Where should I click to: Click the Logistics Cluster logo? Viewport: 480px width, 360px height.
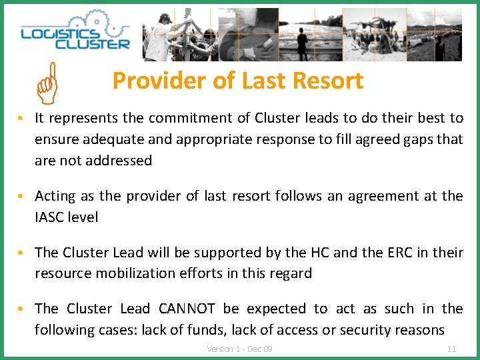point(75,35)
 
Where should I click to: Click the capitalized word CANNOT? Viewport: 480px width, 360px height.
point(187,309)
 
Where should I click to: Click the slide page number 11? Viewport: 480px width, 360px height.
point(451,349)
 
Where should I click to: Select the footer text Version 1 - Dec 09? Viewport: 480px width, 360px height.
point(240,349)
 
